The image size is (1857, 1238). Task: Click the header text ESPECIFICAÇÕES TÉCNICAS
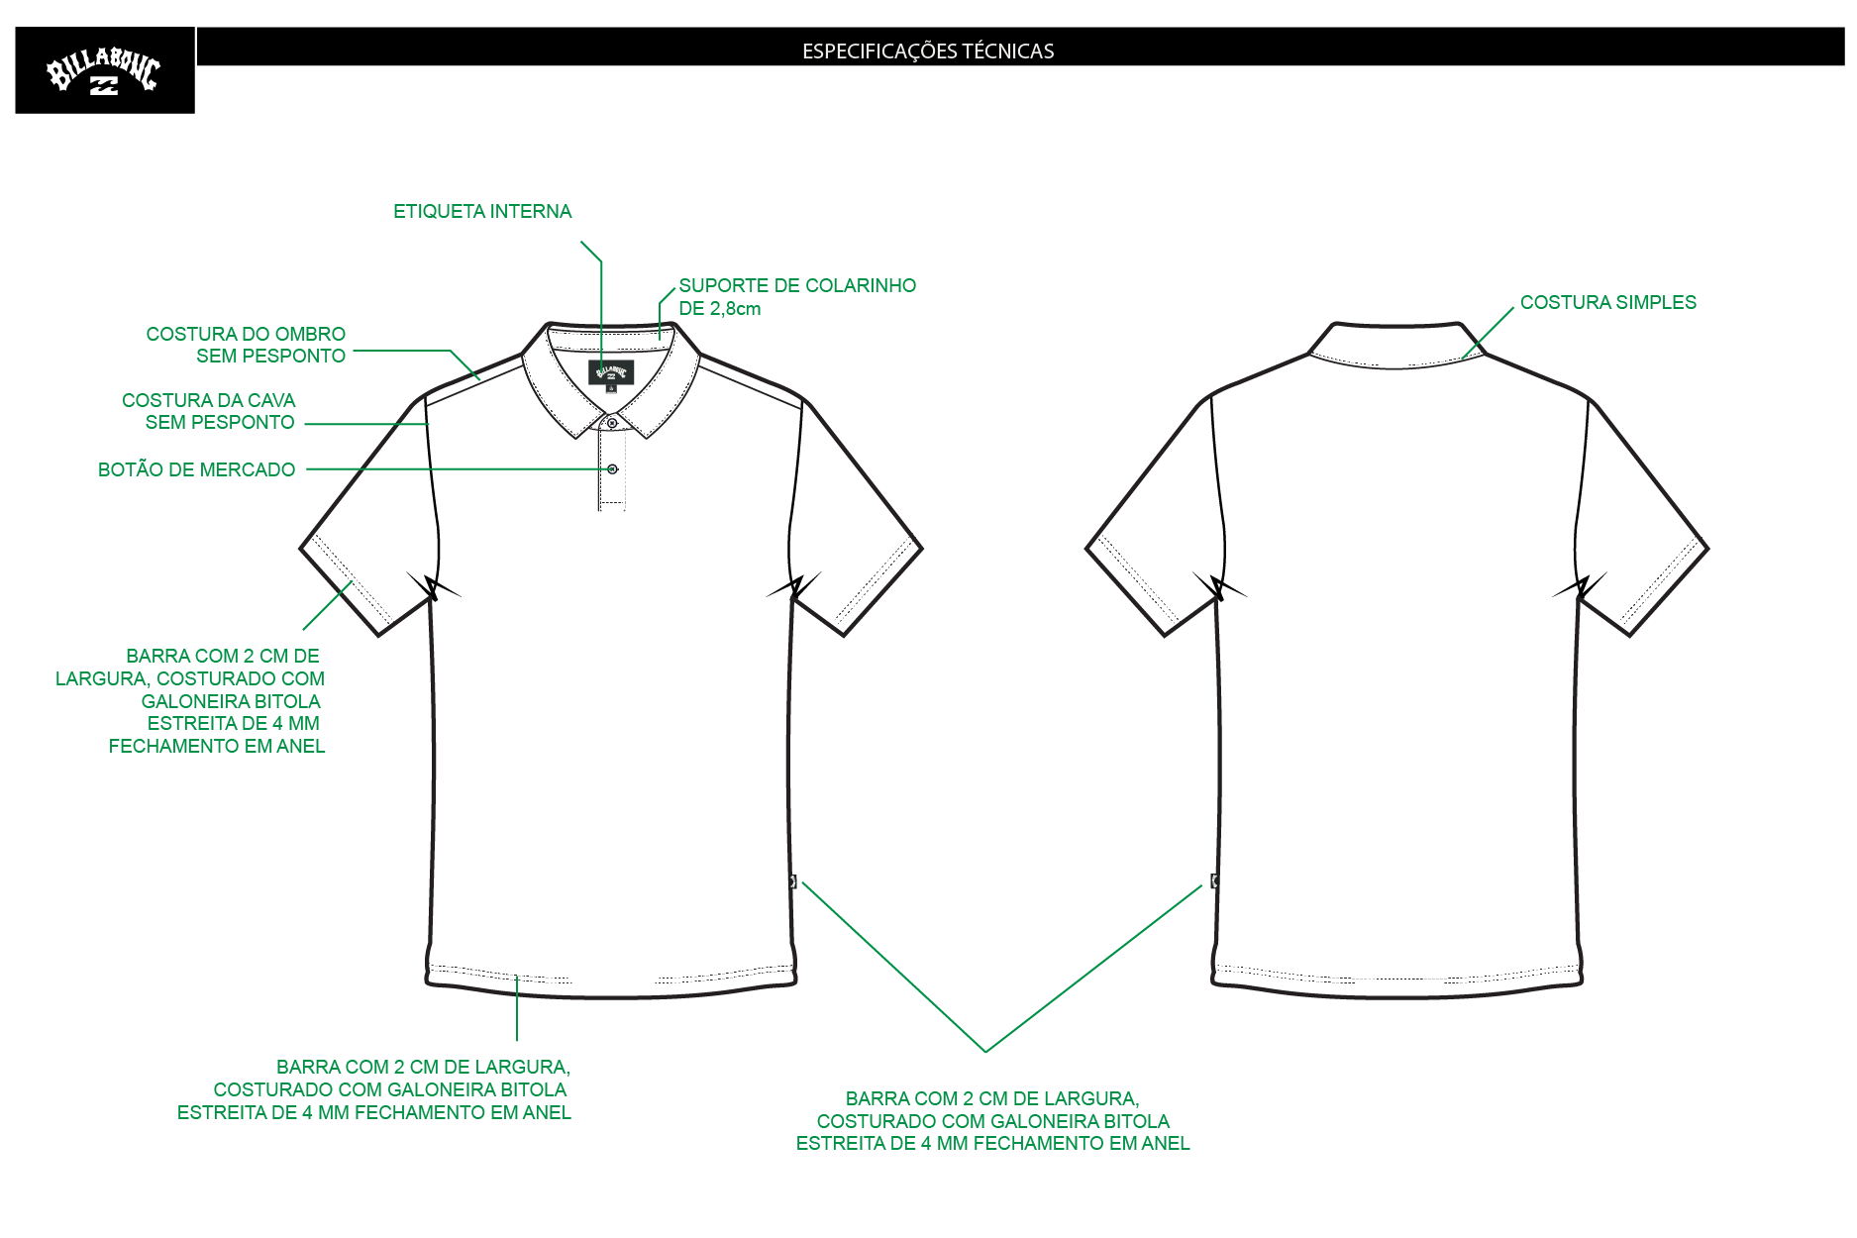[x=928, y=52]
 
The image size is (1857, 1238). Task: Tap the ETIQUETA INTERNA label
[x=482, y=211]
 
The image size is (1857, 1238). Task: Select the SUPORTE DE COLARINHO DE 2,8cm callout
[x=797, y=297]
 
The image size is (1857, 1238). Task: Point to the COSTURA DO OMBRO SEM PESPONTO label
[x=246, y=345]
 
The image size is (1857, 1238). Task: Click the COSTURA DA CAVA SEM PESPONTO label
[x=208, y=411]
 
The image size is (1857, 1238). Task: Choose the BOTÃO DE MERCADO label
[x=196, y=469]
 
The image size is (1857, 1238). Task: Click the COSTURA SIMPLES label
[x=1607, y=302]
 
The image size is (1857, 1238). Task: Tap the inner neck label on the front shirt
[x=611, y=372]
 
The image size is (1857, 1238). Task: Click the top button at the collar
[x=612, y=423]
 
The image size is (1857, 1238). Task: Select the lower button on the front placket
[x=612, y=468]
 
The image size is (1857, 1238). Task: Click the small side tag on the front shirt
[x=792, y=881]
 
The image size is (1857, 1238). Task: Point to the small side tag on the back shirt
[x=1214, y=880]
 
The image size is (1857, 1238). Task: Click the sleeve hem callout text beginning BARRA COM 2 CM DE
[x=190, y=701]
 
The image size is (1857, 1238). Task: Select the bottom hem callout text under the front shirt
[x=374, y=1089]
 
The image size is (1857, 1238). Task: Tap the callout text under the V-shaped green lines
[x=992, y=1120]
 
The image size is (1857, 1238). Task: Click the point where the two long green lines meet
[x=985, y=1051]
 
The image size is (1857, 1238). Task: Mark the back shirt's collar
[x=1396, y=345]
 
